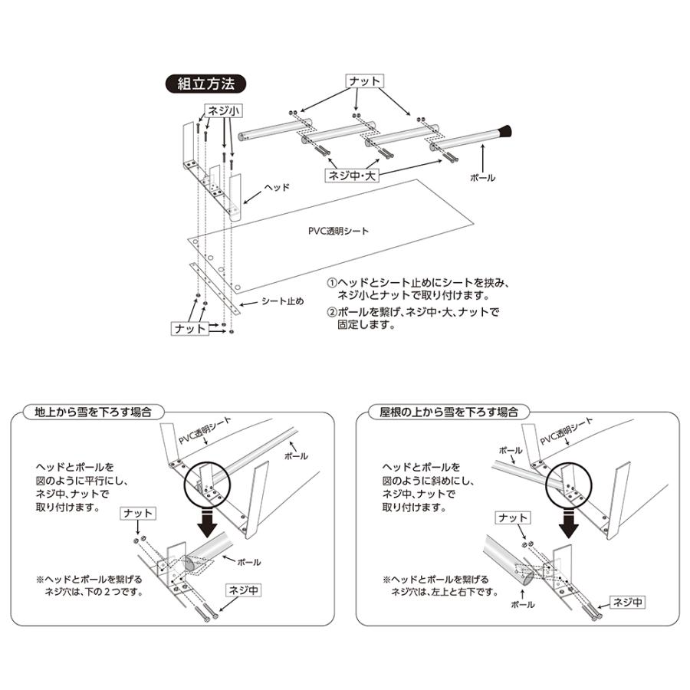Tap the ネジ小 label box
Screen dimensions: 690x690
click(x=222, y=111)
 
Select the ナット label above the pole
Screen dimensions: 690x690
click(x=364, y=80)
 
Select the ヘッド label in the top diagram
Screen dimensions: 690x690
click(x=275, y=186)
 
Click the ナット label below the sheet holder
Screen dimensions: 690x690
click(x=190, y=328)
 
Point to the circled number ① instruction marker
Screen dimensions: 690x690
click(x=332, y=282)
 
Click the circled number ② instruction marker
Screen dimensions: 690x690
click(x=332, y=312)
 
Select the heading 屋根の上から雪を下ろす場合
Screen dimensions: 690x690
click(x=444, y=411)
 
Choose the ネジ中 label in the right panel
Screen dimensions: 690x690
click(x=627, y=603)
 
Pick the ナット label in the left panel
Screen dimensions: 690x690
click(x=137, y=514)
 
